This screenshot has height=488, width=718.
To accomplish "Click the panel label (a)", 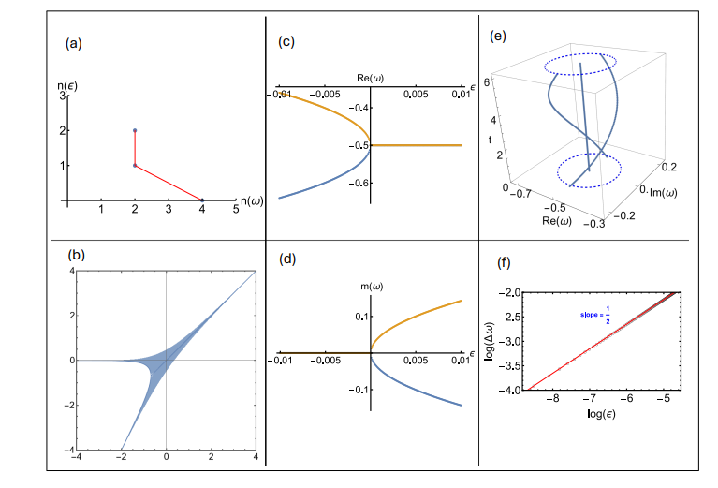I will pyautogui.click(x=72, y=44).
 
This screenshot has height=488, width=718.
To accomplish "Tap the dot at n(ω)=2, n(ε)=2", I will pyautogui.click(x=135, y=130).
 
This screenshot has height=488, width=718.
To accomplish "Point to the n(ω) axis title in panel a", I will pyautogui.click(x=250, y=200).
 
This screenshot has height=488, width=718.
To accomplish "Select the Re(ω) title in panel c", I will pyautogui.click(x=372, y=75).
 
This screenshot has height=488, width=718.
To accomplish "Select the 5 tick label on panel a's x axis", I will pyautogui.click(x=236, y=211).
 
